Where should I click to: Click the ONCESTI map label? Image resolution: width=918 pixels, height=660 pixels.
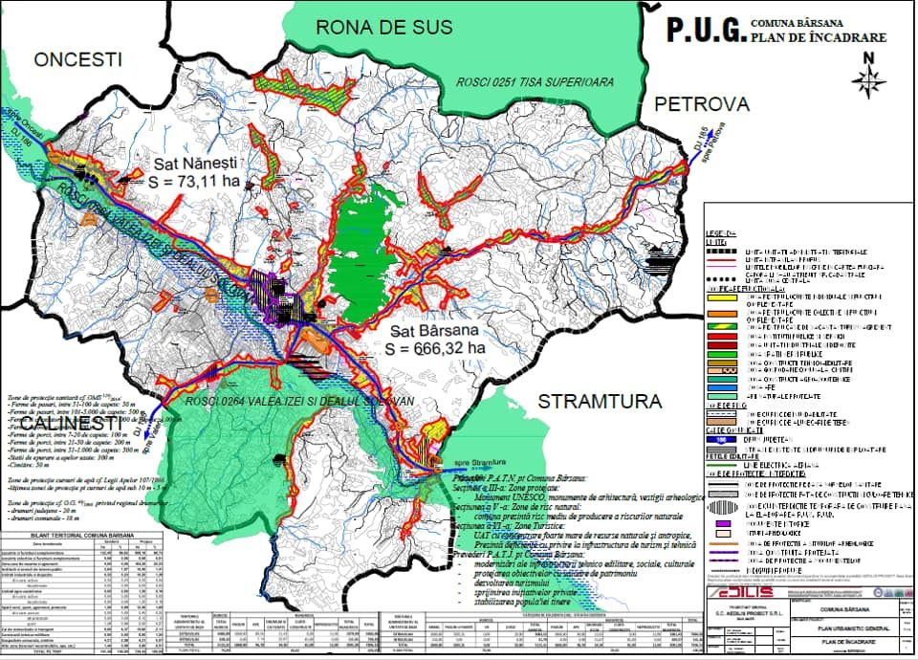click(x=79, y=60)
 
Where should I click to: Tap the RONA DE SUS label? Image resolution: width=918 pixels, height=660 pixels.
click(x=384, y=27)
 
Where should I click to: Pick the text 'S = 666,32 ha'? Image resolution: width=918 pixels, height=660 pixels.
click(x=436, y=348)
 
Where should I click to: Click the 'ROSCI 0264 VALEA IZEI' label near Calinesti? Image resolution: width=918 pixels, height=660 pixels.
click(x=300, y=401)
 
